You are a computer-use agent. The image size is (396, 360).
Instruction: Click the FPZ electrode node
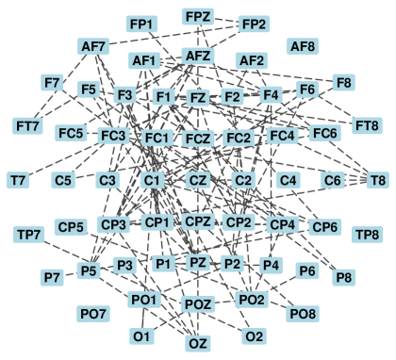(x=198, y=17)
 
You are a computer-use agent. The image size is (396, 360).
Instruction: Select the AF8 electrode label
(x=303, y=45)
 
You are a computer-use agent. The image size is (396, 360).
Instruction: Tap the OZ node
(x=198, y=343)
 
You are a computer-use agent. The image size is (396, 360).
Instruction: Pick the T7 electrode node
(x=18, y=179)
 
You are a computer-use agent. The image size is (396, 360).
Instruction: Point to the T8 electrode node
(x=377, y=179)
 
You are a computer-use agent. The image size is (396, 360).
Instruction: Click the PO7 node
(x=92, y=312)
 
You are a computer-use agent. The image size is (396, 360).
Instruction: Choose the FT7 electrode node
(x=28, y=125)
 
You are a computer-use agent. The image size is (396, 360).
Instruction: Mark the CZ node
(x=198, y=179)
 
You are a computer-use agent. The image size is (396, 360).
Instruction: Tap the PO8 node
(x=303, y=312)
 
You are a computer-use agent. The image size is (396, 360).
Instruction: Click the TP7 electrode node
(x=28, y=233)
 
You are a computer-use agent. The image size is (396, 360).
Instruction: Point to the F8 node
(x=344, y=83)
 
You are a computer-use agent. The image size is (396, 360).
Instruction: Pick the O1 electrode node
(x=142, y=335)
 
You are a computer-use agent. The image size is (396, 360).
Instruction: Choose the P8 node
(x=344, y=277)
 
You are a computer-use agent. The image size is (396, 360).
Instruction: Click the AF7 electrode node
(x=94, y=45)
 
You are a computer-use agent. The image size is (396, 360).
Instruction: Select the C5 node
(x=63, y=179)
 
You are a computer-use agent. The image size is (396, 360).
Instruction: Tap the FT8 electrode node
(x=366, y=125)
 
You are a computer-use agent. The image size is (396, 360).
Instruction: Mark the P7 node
(x=52, y=277)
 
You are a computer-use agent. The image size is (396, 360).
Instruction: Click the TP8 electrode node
(x=366, y=233)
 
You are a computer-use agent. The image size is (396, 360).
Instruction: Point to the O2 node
(x=253, y=335)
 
